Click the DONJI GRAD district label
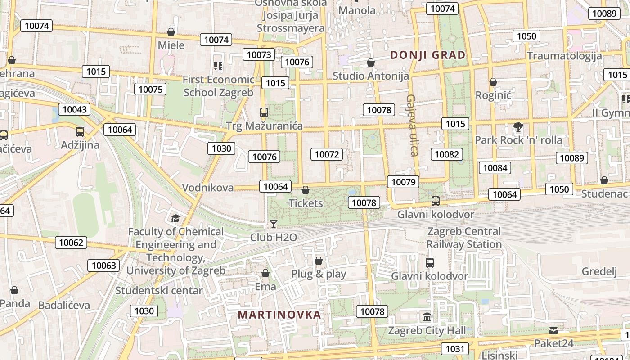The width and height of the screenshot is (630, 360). click(x=427, y=55)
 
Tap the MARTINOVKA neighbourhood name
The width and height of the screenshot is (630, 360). click(x=279, y=315)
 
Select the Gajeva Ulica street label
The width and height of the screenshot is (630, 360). click(x=412, y=125)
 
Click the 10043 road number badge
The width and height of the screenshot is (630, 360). click(x=74, y=109)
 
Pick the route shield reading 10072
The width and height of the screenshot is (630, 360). click(x=327, y=154)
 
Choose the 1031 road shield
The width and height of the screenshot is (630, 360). click(x=454, y=349)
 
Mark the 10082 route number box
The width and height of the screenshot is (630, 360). click(x=446, y=154)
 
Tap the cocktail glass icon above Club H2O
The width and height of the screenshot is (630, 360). click(x=273, y=224)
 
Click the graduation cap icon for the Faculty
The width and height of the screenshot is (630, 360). click(x=175, y=219)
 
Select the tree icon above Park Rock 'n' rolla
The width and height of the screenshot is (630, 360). click(x=518, y=127)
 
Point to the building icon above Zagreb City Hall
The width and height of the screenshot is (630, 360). click(x=427, y=317)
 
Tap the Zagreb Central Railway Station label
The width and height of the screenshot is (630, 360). click(x=464, y=238)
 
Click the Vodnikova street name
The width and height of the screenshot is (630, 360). click(x=207, y=188)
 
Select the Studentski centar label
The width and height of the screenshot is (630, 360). click(x=159, y=291)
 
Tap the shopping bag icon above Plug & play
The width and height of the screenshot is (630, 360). click(x=319, y=261)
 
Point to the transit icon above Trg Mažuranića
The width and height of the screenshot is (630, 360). click(x=264, y=112)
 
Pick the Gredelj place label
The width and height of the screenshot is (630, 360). click(x=599, y=271)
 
